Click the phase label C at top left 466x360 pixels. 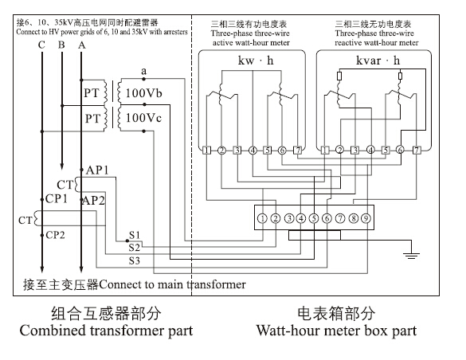click(41, 45)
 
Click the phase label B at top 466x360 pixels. click(61, 45)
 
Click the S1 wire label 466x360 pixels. click(135, 237)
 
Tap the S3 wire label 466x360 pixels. click(135, 260)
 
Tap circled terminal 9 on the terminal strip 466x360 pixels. click(366, 217)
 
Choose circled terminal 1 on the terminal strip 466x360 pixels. click(262, 217)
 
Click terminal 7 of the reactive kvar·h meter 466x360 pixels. click(416, 150)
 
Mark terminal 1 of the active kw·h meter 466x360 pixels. click(206, 150)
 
